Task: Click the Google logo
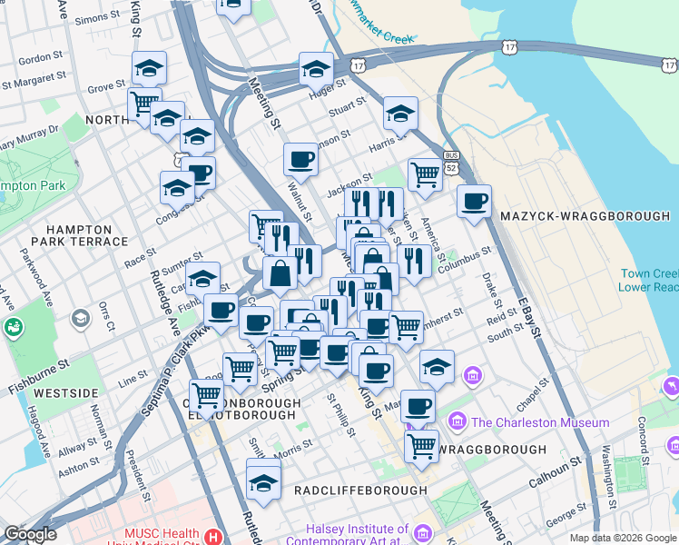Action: [x=30, y=534]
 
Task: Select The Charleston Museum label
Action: [x=539, y=422]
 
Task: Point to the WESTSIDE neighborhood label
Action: [x=65, y=393]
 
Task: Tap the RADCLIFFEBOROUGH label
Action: [x=359, y=490]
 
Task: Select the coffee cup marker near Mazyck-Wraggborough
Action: [x=474, y=201]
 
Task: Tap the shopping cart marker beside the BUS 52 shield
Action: [x=424, y=173]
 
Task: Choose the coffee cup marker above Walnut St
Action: [x=300, y=160]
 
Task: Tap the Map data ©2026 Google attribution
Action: [x=623, y=538]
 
